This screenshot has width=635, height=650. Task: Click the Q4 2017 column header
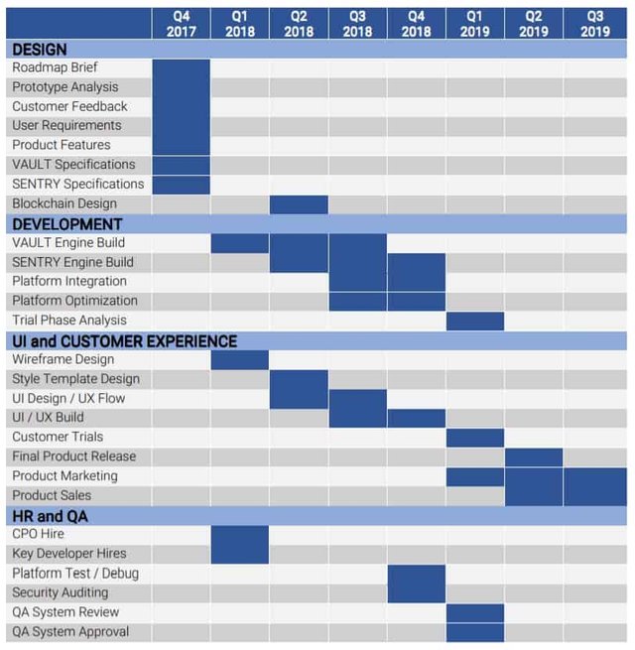pyautogui.click(x=181, y=24)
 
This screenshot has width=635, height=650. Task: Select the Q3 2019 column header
pyautogui.click(x=594, y=24)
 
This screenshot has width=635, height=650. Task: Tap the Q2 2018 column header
pyautogui.click(x=299, y=24)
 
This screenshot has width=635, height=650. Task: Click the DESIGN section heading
pyautogui.click(x=40, y=49)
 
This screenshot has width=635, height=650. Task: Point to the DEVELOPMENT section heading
pyautogui.click(x=67, y=224)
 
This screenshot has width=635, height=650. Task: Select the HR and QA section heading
pyautogui.click(x=50, y=515)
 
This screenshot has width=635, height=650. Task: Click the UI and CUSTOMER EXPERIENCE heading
pyautogui.click(x=124, y=341)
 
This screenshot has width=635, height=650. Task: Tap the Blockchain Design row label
pyautogui.click(x=64, y=203)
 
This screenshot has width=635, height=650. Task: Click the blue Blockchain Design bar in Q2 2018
pyautogui.click(x=299, y=204)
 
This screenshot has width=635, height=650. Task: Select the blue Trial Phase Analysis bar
pyautogui.click(x=475, y=321)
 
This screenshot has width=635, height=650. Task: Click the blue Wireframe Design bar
pyautogui.click(x=240, y=359)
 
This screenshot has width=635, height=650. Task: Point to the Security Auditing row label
pyautogui.click(x=61, y=592)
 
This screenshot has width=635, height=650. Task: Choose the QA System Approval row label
pyautogui.click(x=70, y=631)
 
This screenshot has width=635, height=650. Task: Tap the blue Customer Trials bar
pyautogui.click(x=475, y=438)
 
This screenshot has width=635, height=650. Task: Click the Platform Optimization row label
pyautogui.click(x=75, y=301)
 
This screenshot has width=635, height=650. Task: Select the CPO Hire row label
pyautogui.click(x=39, y=534)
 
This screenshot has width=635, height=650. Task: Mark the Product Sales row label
pyautogui.click(x=52, y=495)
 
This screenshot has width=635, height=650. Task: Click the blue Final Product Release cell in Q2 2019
pyautogui.click(x=534, y=456)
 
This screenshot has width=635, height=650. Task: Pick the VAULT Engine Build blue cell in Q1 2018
pyautogui.click(x=240, y=243)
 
